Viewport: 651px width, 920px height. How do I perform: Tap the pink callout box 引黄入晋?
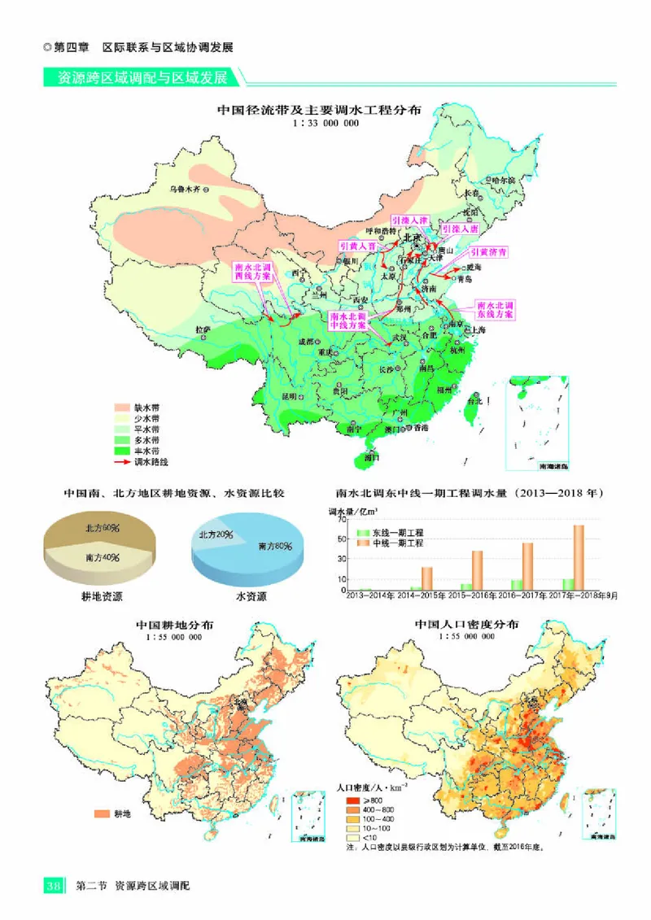click(358, 245)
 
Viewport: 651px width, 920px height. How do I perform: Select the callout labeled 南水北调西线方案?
click(252, 271)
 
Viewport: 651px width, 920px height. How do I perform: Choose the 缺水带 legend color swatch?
click(123, 406)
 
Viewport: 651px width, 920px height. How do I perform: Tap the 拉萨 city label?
click(203, 329)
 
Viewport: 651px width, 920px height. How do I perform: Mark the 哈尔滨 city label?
click(505, 179)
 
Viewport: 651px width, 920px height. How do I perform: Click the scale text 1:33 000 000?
click(325, 123)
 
